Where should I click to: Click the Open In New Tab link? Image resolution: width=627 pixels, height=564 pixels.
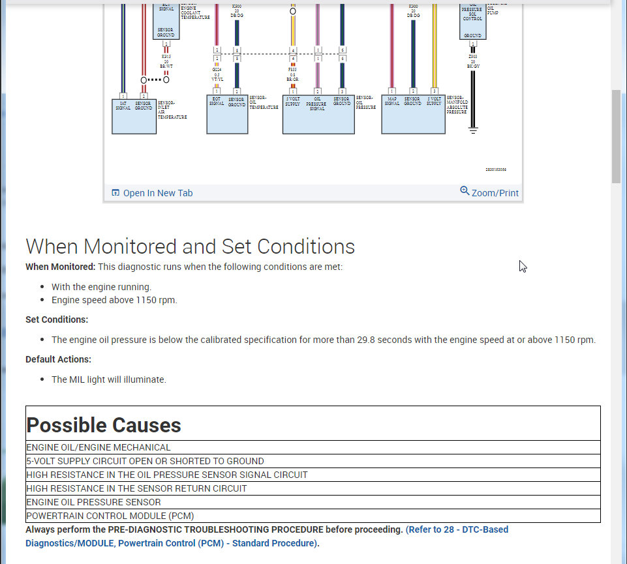click(157, 193)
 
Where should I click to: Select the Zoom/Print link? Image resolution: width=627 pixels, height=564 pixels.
click(495, 193)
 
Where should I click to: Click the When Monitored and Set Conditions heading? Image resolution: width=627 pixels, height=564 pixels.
click(190, 246)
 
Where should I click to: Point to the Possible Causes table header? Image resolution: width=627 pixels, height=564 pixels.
click(104, 425)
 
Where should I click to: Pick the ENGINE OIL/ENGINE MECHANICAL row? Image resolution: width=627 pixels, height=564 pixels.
click(99, 448)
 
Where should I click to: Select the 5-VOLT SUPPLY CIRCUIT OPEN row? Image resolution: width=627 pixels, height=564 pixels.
click(145, 461)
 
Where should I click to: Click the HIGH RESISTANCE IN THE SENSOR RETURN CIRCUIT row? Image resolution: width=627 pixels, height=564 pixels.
click(136, 488)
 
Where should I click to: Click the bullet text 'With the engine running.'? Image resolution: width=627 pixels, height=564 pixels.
click(101, 287)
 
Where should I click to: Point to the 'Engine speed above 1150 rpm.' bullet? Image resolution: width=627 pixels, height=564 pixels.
click(114, 300)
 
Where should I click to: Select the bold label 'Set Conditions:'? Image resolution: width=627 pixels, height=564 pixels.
click(57, 319)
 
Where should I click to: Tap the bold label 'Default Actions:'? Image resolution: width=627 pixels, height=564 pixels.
click(58, 359)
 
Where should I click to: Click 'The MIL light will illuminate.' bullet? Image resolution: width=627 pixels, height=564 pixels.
click(109, 379)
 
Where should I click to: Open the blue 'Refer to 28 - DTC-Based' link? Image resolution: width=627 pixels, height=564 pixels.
click(457, 529)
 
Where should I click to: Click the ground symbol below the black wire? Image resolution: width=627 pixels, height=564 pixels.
click(473, 130)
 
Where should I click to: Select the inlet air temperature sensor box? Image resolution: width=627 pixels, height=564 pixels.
click(134, 116)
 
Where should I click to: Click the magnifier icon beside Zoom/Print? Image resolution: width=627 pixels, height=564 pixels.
click(465, 191)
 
